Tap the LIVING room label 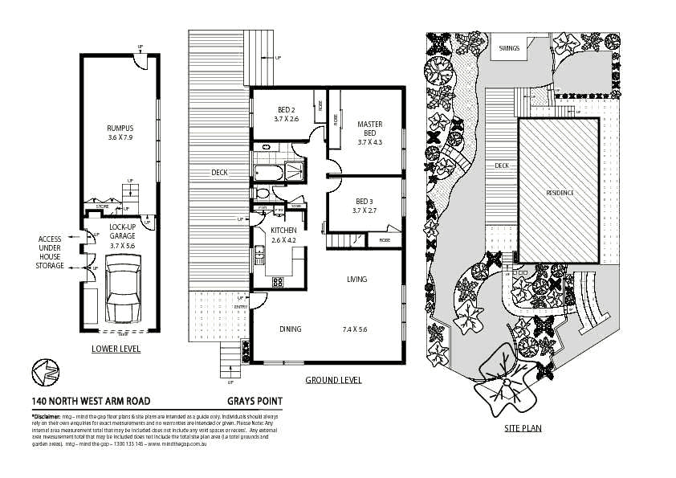pos(356,280)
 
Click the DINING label pos(290,329)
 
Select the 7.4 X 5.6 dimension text pos(354,329)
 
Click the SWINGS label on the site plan pos(509,48)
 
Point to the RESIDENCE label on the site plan pos(560,193)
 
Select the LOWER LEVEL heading pos(116,349)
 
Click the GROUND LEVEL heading pos(333,380)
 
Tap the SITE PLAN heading pos(523,428)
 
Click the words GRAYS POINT pos(255,402)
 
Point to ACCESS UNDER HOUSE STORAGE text pos(50,252)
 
